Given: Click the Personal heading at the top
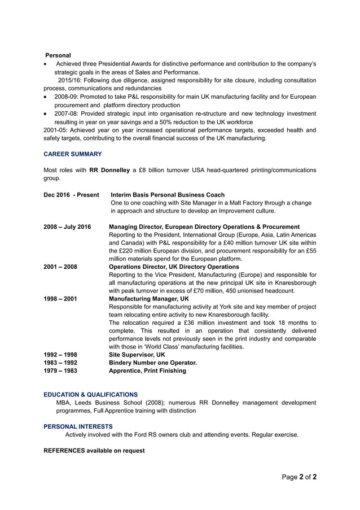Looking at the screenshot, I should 58,55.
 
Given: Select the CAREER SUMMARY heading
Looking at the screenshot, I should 72,154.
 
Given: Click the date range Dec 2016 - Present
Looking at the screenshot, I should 71,195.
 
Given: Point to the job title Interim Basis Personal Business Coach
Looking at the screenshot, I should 168,195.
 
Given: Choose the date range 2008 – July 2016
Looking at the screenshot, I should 67,226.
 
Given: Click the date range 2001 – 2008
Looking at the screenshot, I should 60,267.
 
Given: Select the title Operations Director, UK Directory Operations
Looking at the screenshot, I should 174,267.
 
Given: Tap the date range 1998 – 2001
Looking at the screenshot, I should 60,298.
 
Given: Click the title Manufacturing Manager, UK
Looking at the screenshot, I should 148,298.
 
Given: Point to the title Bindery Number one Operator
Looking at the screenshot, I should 152,363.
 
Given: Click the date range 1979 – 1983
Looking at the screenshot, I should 60,370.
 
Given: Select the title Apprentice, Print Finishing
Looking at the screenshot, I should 147,370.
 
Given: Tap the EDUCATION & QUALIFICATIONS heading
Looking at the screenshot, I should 90,394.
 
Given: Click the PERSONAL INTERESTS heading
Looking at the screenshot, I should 78,426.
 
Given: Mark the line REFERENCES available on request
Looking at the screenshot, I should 94,451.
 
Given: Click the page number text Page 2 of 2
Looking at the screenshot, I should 299,477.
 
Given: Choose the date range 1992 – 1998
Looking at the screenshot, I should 60,355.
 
